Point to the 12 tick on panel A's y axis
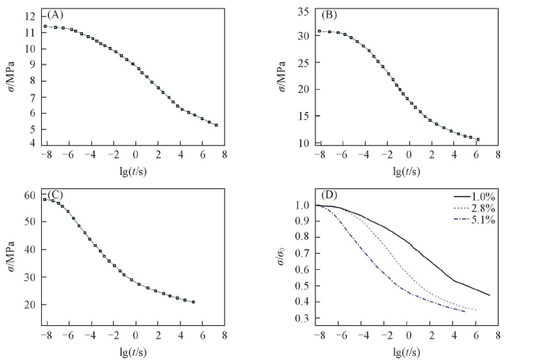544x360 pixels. pos(30,16)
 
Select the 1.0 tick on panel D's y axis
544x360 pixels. pos(302,206)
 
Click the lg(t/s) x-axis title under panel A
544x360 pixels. pos(133,170)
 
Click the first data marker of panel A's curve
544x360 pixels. pos(46,26)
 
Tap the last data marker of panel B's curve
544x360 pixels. pos(478,140)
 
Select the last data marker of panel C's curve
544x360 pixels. pos(193,302)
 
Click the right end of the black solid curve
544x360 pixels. pos(490,295)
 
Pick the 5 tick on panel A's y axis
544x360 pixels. pos(33,129)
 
